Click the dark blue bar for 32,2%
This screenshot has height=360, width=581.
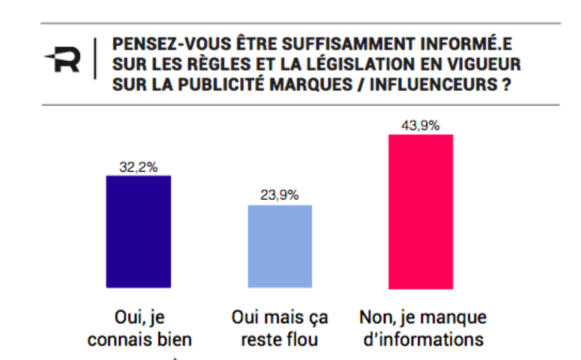[138, 232]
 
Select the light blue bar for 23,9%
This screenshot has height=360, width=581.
[280, 246]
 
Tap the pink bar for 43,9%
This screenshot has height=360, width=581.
[421, 212]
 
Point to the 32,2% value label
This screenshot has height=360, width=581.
[138, 168]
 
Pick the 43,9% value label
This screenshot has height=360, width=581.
[420, 126]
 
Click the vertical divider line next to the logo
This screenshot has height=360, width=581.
[95, 59]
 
